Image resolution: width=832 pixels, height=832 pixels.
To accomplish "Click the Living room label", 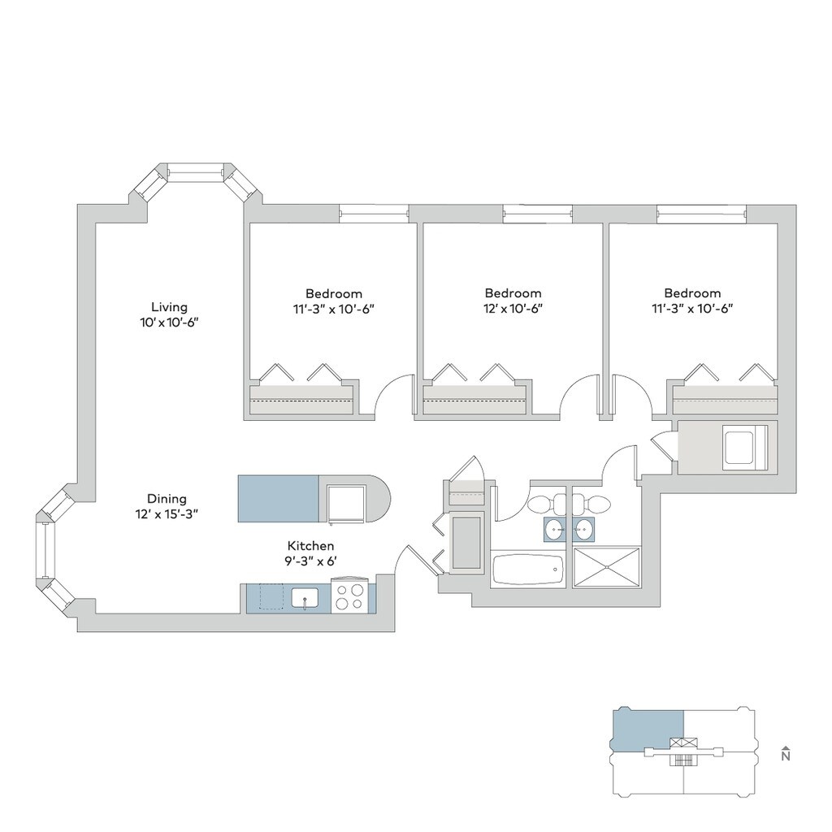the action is (169, 307).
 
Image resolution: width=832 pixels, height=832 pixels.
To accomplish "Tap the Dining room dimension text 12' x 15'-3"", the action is (167, 514).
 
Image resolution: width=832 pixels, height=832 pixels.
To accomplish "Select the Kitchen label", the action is (311, 545).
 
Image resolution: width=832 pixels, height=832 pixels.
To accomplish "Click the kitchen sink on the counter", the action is (305, 598).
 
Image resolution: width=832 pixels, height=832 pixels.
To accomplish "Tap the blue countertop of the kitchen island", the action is (279, 499).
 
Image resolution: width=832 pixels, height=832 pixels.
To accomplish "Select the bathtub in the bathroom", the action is (526, 570).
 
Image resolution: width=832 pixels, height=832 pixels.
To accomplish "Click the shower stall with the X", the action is (606, 567).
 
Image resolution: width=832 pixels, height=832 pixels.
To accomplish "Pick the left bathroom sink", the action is (555, 530).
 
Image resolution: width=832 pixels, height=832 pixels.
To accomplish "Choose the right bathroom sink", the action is (583, 530).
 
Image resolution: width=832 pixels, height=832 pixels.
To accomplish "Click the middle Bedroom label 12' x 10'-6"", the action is (513, 301).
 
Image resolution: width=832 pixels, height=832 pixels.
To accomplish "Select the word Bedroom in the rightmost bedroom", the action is (692, 293).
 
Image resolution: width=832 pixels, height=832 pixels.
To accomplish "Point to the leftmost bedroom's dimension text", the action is (334, 310).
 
